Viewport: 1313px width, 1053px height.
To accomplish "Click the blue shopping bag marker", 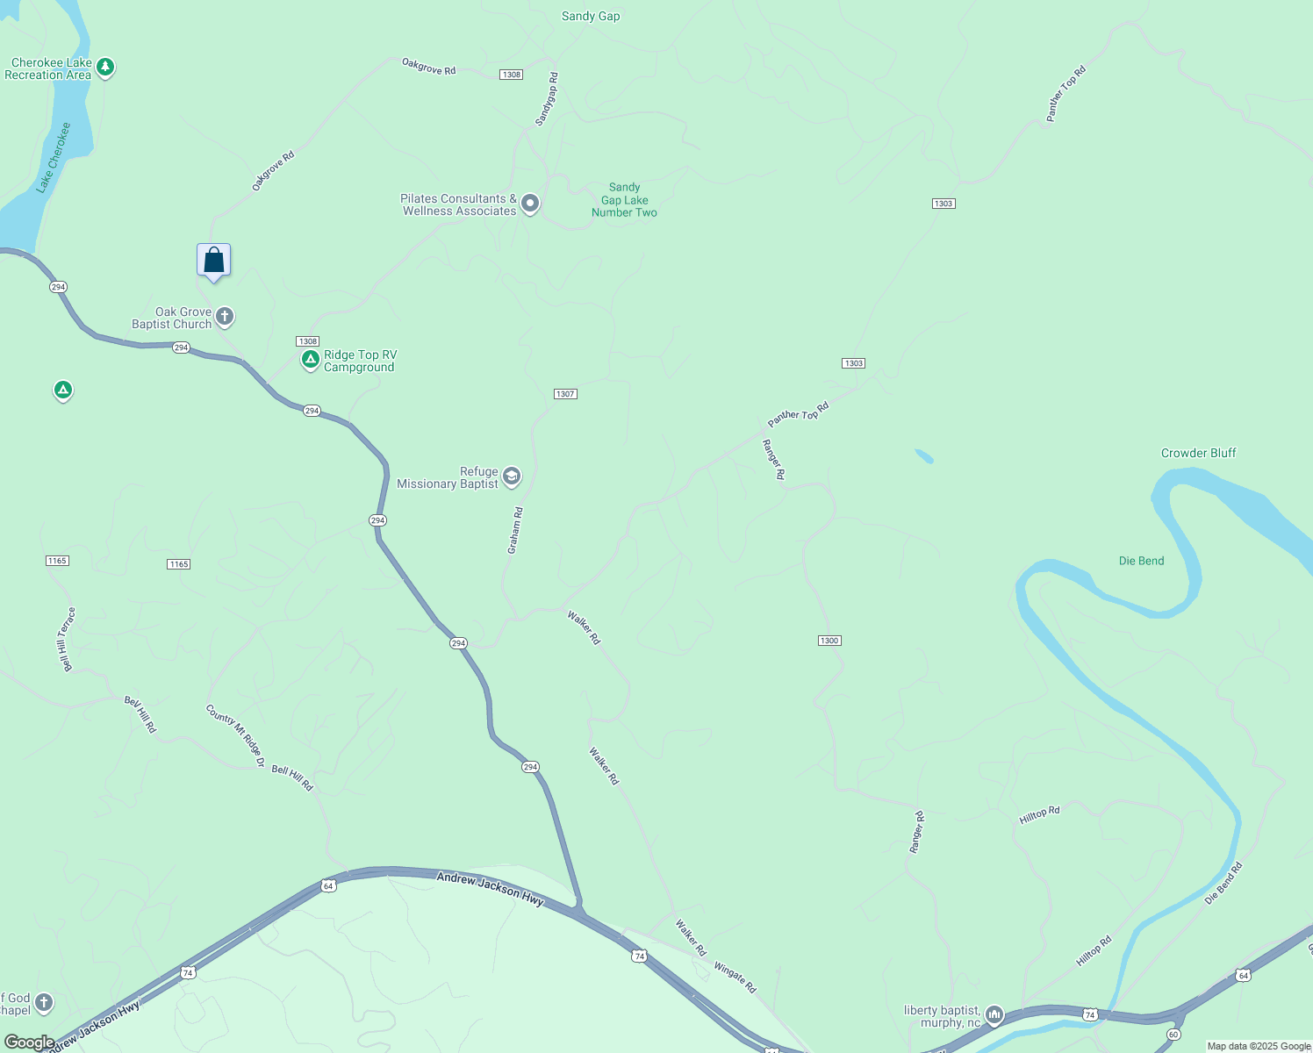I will (x=214, y=261).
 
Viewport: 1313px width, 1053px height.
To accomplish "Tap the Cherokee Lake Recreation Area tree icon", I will (x=105, y=67).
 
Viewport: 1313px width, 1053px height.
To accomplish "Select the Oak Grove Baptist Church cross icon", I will (x=225, y=316).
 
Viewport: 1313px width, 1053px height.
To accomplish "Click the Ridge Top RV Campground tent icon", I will (x=310, y=359).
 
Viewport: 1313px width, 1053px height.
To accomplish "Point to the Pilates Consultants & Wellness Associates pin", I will (x=530, y=204).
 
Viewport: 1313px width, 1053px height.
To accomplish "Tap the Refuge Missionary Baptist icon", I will (x=512, y=476).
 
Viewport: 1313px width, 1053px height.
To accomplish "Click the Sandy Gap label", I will (x=591, y=16).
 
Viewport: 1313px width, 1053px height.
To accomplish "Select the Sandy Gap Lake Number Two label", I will (x=624, y=200).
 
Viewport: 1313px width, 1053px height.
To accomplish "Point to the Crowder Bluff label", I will (x=1198, y=453).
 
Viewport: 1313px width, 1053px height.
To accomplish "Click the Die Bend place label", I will (x=1141, y=561).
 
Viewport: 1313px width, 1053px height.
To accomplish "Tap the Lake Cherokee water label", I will (x=53, y=158).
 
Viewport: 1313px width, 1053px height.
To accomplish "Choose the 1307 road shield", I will (x=565, y=394).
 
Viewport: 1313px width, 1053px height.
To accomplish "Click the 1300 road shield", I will (x=829, y=641).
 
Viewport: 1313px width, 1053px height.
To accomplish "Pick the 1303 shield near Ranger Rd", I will (x=853, y=363).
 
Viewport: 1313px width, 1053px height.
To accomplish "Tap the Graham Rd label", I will (x=515, y=530).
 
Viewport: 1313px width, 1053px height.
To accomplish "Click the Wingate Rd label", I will (x=735, y=978).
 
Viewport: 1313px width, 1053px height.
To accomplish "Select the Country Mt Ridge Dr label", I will (x=235, y=735).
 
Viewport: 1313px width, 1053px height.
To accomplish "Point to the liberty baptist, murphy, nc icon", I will (x=994, y=1015).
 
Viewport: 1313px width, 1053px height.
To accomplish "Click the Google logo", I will (x=29, y=1042).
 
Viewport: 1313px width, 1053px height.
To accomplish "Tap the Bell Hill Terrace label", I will (x=67, y=639).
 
